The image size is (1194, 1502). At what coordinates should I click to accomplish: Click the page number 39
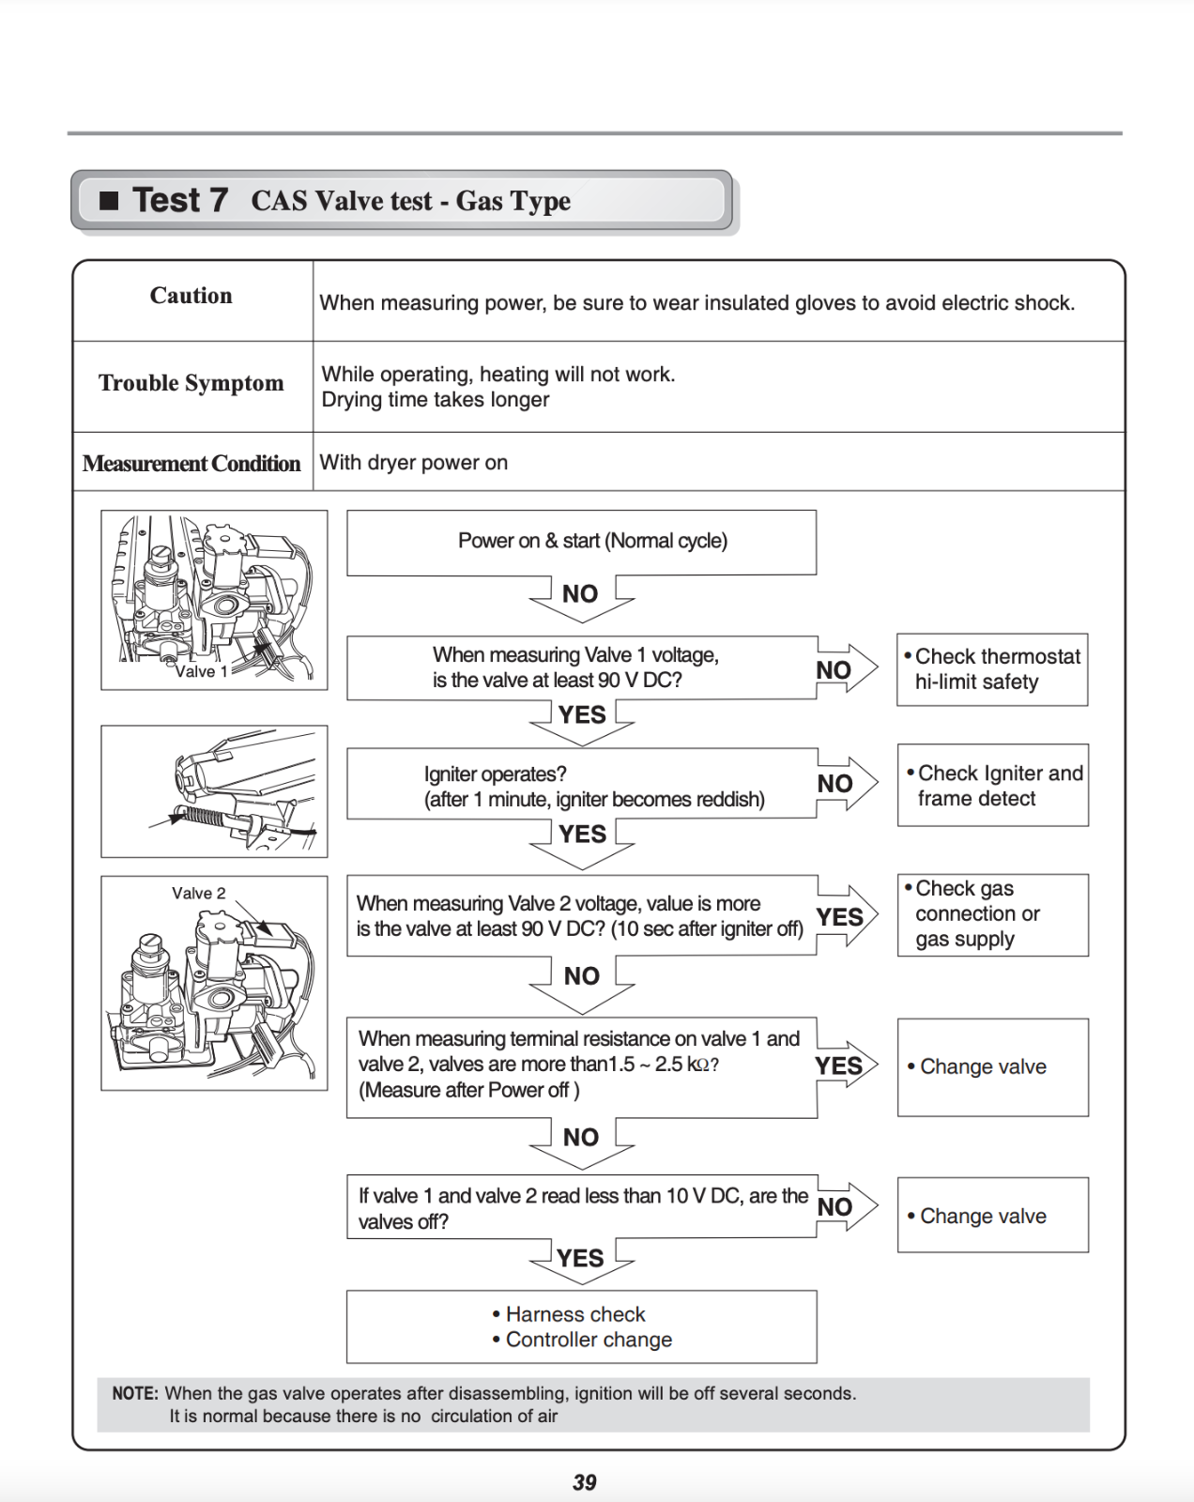tap(584, 1482)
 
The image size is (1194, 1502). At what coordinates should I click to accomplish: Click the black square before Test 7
tap(110, 200)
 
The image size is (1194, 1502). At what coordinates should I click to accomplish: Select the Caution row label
tap(191, 296)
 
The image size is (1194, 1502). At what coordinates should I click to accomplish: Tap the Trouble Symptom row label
tap(191, 383)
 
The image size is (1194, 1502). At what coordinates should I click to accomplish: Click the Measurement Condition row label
tap(191, 464)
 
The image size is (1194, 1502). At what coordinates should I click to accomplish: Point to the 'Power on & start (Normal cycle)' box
tap(581, 542)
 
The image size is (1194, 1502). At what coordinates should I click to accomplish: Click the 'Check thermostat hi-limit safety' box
tap(992, 669)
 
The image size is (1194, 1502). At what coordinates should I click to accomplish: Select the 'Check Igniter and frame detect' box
tap(993, 786)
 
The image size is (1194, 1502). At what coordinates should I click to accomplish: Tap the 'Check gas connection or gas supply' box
tap(993, 914)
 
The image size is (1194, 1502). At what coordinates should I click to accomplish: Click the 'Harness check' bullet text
tap(575, 1314)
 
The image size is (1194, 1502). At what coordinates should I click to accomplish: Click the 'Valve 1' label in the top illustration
tap(201, 671)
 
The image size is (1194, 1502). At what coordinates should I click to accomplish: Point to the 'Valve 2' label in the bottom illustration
tap(198, 893)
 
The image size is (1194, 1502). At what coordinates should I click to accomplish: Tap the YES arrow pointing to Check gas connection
tap(842, 916)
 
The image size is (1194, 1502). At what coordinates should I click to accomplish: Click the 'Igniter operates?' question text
tap(495, 774)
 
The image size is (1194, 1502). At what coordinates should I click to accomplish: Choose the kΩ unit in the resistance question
tap(697, 1065)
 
